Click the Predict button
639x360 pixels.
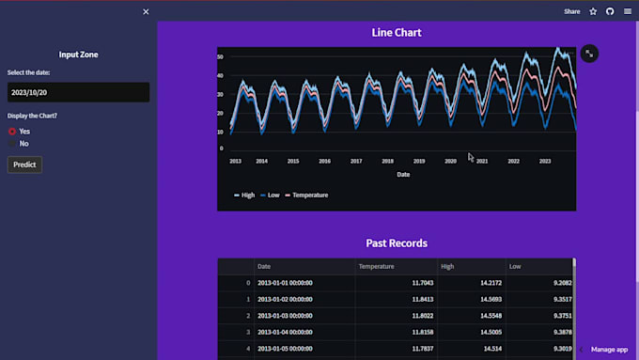[24, 164]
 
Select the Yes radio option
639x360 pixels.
[12, 132]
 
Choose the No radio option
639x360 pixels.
[12, 144]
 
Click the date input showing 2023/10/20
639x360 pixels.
[78, 92]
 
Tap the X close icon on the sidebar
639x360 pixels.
[146, 12]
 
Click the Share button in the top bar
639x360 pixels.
[571, 12]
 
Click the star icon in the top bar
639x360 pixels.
[593, 12]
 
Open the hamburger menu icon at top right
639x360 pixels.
[628, 12]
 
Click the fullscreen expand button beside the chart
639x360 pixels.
[588, 54]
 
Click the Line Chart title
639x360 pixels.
[396, 33]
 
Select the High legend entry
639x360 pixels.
[243, 195]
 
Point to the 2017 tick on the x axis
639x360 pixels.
[356, 161]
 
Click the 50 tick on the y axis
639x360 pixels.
[220, 57]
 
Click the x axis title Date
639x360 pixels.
[402, 174]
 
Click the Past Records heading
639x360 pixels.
[396, 243]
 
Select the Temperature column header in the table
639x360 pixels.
[376, 267]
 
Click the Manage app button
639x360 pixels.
[608, 349]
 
